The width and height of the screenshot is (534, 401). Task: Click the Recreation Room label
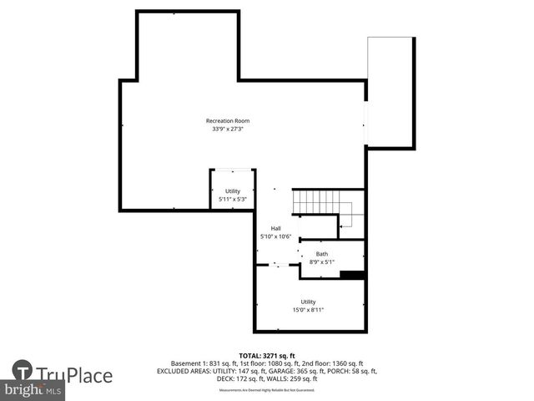point(228,121)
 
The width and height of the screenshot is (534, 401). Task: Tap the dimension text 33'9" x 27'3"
point(228,129)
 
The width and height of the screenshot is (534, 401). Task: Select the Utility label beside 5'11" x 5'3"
point(232,191)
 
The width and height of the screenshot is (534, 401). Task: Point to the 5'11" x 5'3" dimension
point(232,200)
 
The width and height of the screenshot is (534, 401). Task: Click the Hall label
point(275,228)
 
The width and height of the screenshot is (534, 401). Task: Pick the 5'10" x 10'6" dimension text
point(275,236)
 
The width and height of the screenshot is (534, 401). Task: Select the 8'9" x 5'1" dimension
point(322,262)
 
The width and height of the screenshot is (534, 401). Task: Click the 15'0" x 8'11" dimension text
point(308,310)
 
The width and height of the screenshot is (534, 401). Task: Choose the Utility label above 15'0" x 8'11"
point(308,302)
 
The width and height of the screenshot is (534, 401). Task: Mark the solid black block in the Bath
point(353,274)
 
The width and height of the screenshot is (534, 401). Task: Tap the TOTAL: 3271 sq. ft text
point(266,355)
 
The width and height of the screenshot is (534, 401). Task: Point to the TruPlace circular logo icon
point(23,371)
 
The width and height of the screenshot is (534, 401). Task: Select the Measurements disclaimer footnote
point(266,390)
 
